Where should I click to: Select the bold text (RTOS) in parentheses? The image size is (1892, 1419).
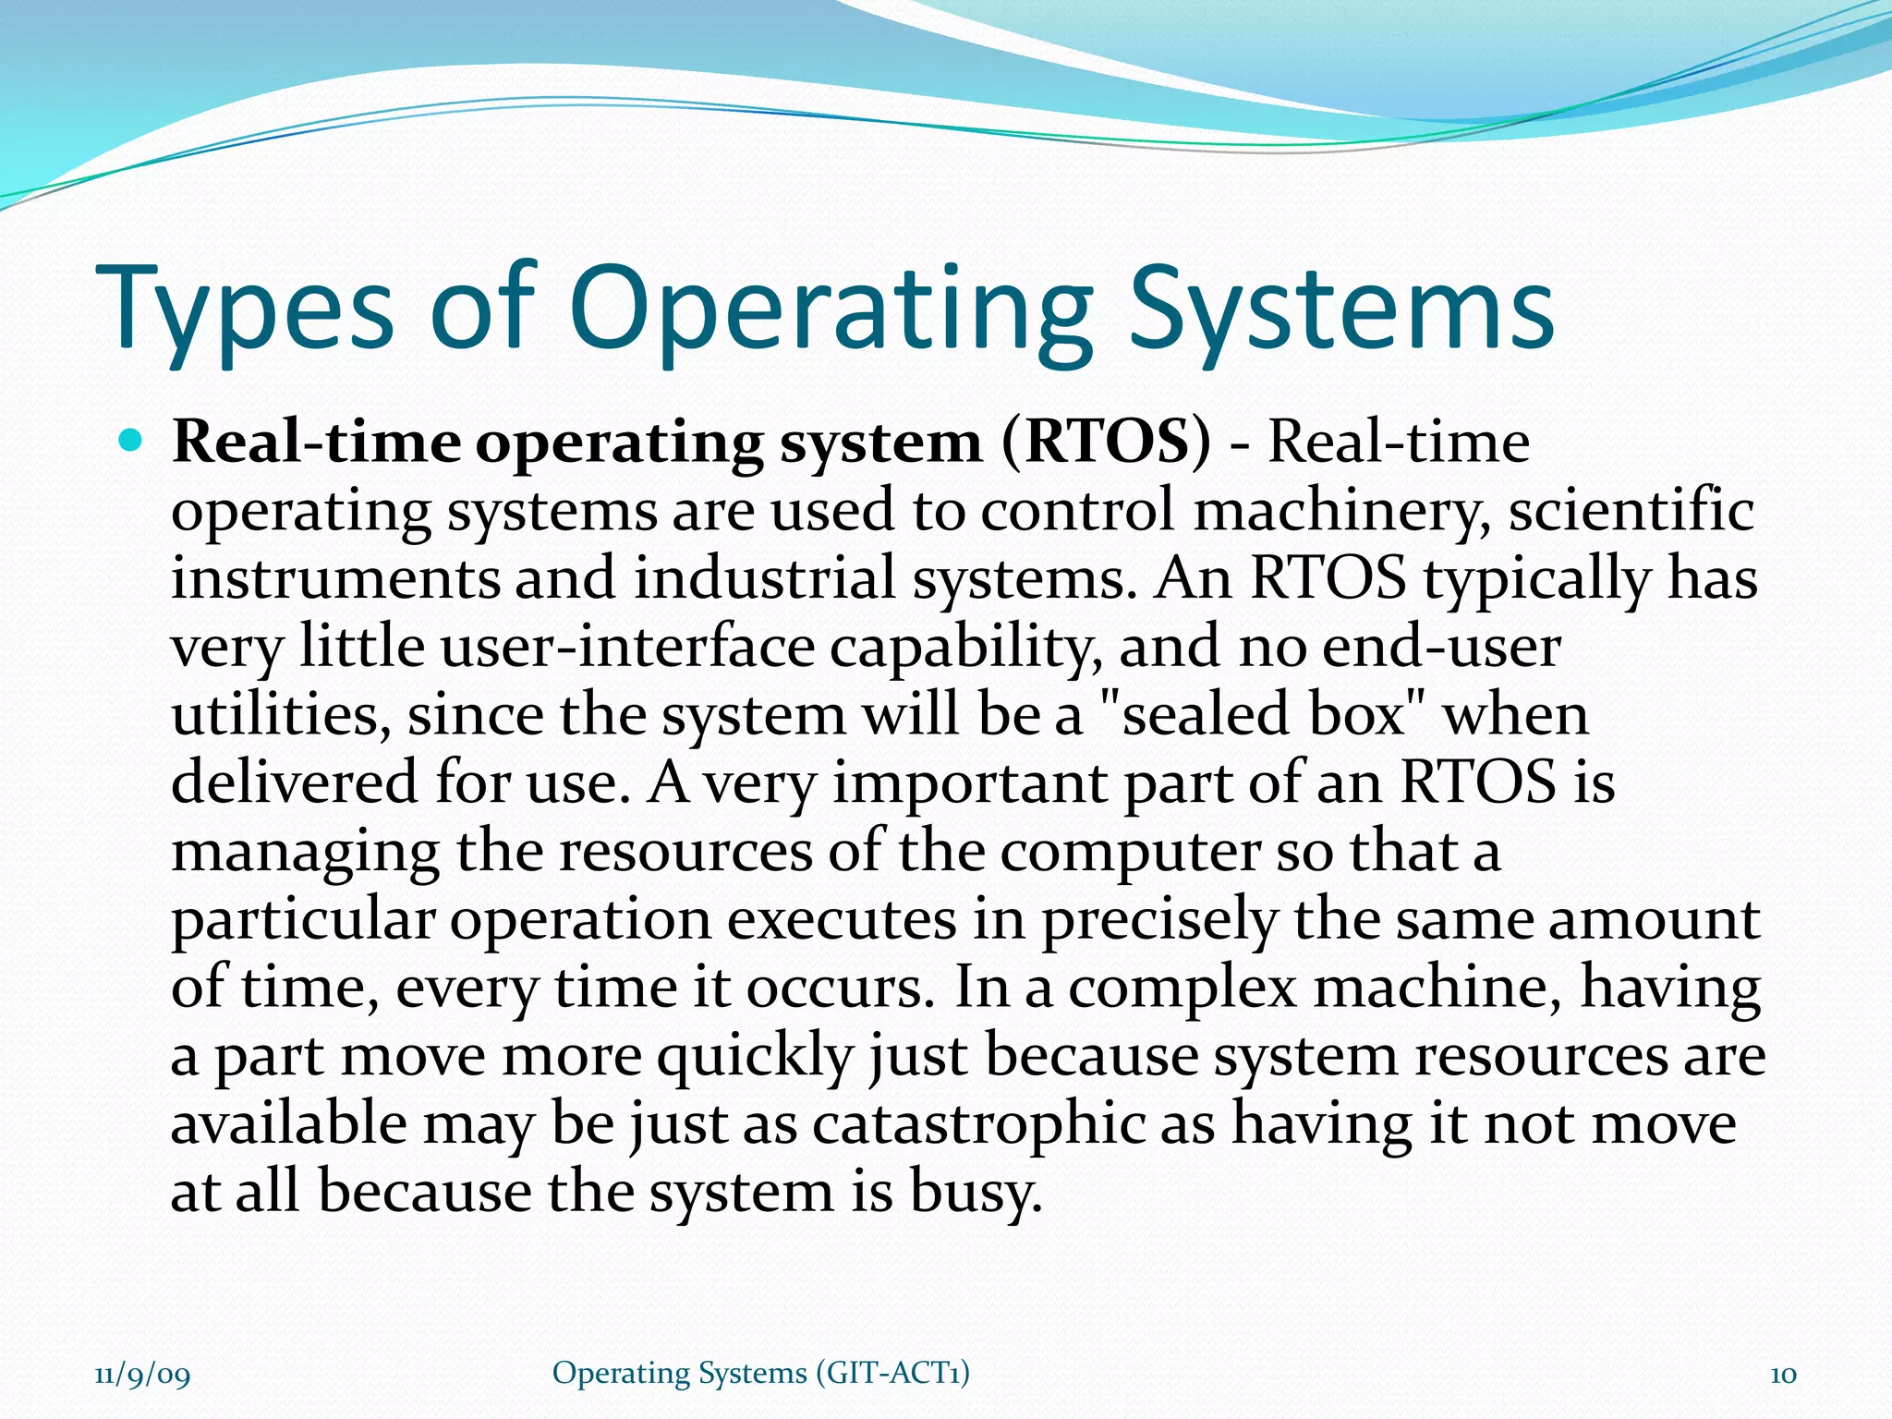point(1105,443)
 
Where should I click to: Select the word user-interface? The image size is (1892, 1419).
point(627,647)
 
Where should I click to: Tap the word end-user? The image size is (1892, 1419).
point(1441,647)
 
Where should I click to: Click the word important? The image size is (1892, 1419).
point(970,783)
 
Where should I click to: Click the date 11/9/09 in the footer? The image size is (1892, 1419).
point(142,1375)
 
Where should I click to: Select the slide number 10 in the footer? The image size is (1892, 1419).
point(1782,1375)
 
